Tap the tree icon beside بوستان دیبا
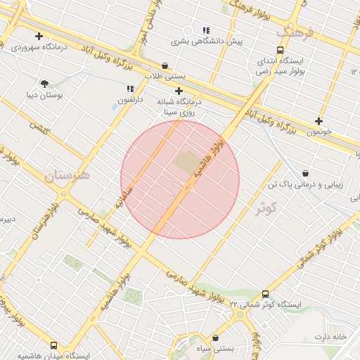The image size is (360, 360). click(45, 83)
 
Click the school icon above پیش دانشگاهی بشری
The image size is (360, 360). click(206, 30)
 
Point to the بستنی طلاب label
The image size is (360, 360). click(164, 75)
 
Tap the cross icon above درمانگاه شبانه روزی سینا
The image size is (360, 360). click(179, 91)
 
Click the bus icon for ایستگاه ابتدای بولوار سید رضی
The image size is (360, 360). click(281, 51)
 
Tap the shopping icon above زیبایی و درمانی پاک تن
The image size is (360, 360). click(306, 173)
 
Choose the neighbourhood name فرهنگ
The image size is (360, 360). click(293, 32)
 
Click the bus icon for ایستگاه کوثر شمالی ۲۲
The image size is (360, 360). click(265, 294)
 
